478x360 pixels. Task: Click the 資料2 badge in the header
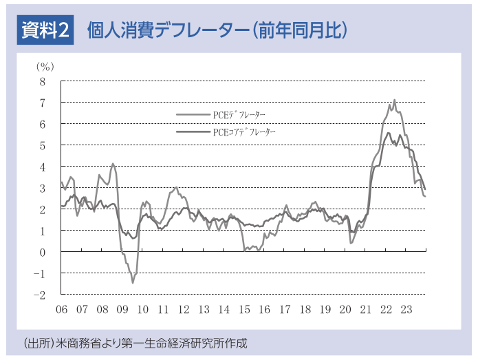point(45,30)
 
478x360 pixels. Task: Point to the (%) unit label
point(45,67)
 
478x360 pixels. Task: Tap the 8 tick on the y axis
point(43,82)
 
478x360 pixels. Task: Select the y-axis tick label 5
point(43,146)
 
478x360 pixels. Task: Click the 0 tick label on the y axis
point(43,253)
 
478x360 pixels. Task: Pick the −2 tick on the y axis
point(40,295)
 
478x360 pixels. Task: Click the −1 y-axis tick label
point(40,274)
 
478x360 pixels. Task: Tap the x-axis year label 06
point(62,309)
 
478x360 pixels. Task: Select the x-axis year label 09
point(122,309)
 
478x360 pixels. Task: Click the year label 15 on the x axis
point(244,309)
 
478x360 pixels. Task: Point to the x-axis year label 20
point(345,309)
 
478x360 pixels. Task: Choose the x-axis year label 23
point(406,309)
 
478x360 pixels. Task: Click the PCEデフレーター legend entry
point(221,115)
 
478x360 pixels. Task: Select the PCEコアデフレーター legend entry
point(226,131)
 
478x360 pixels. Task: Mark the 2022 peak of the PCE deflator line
point(395,100)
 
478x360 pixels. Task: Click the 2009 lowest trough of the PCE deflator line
point(133,283)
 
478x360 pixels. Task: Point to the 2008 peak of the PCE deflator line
point(113,164)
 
